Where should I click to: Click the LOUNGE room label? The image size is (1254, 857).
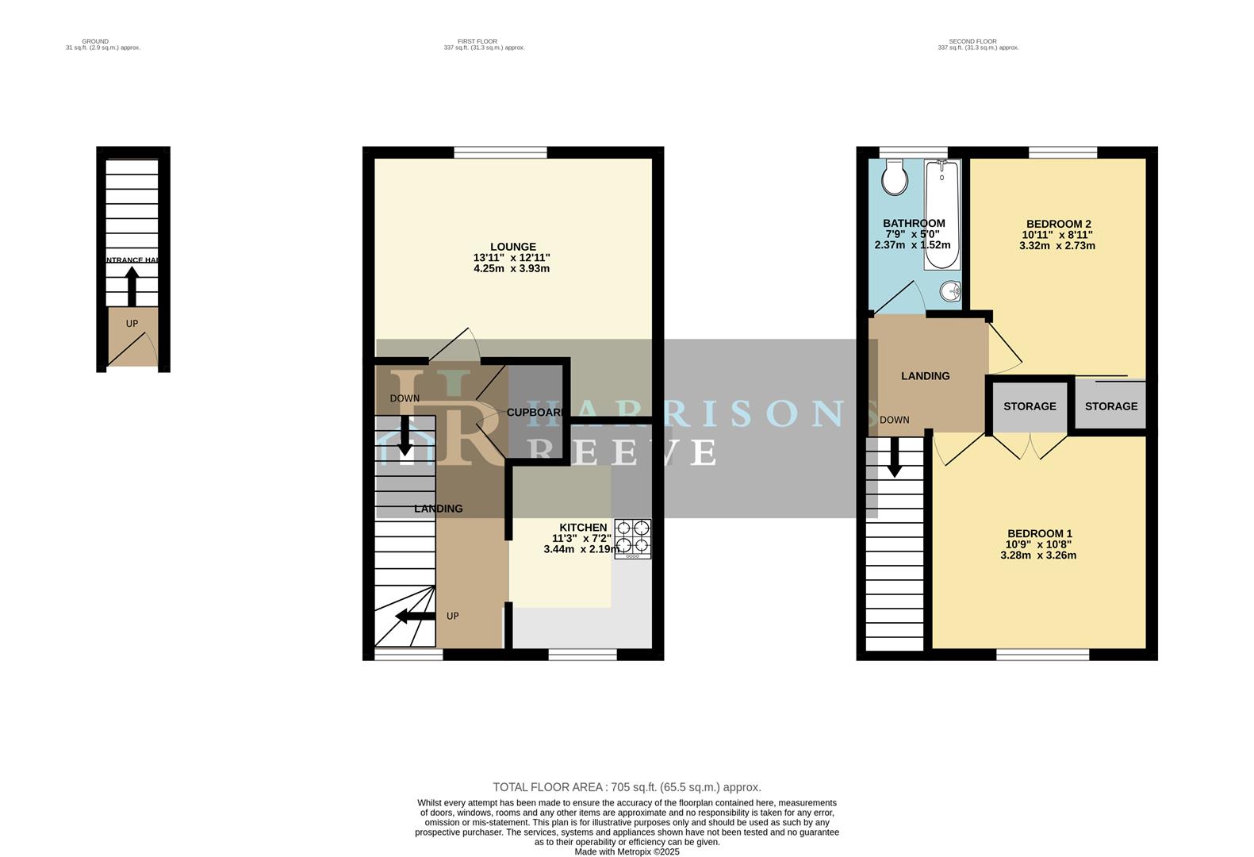click(x=512, y=247)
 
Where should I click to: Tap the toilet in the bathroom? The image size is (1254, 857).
click(x=895, y=176)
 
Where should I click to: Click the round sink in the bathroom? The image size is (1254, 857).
click(x=950, y=292)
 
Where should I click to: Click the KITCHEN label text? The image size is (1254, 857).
click(x=583, y=528)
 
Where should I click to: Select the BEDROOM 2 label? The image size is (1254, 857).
click(x=1058, y=224)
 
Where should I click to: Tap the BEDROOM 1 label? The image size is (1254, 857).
click(x=1039, y=533)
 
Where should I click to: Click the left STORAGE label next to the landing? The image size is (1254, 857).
click(x=1030, y=406)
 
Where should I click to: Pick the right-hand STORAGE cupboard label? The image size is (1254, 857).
click(x=1110, y=406)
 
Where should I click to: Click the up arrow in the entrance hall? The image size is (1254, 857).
click(x=132, y=286)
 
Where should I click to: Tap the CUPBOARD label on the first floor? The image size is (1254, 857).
click(x=536, y=413)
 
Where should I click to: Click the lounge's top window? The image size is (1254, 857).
click(x=500, y=152)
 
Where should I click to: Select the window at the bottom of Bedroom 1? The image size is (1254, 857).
click(x=1042, y=655)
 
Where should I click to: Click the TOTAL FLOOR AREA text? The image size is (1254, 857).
click(x=627, y=787)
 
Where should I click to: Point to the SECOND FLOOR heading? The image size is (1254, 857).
click(x=972, y=41)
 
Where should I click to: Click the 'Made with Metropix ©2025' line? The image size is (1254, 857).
click(x=627, y=851)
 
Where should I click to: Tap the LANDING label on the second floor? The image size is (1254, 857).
click(x=925, y=376)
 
